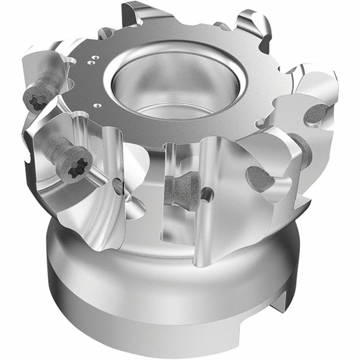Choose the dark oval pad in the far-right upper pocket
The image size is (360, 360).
pos(317,112)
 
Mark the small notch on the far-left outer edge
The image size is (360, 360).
pos(27,157)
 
